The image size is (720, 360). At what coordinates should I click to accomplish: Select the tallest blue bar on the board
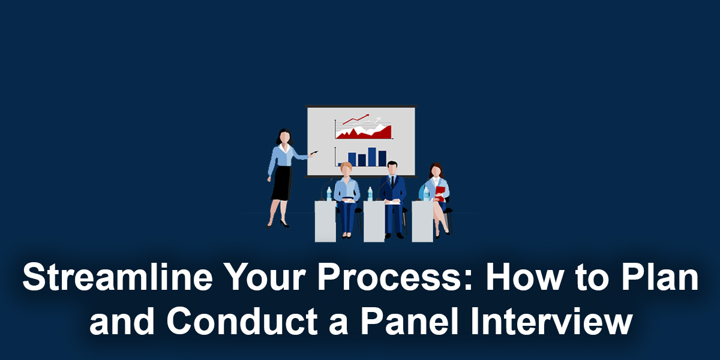[x=372, y=157]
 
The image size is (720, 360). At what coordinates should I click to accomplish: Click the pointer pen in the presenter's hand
[x=314, y=154]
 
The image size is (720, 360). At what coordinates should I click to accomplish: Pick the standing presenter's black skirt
[x=281, y=182]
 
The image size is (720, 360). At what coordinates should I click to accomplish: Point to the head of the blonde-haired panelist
[x=346, y=169]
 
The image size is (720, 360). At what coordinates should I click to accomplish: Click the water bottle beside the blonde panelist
[x=329, y=194]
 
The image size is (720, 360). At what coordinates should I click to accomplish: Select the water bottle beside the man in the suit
[x=370, y=194]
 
